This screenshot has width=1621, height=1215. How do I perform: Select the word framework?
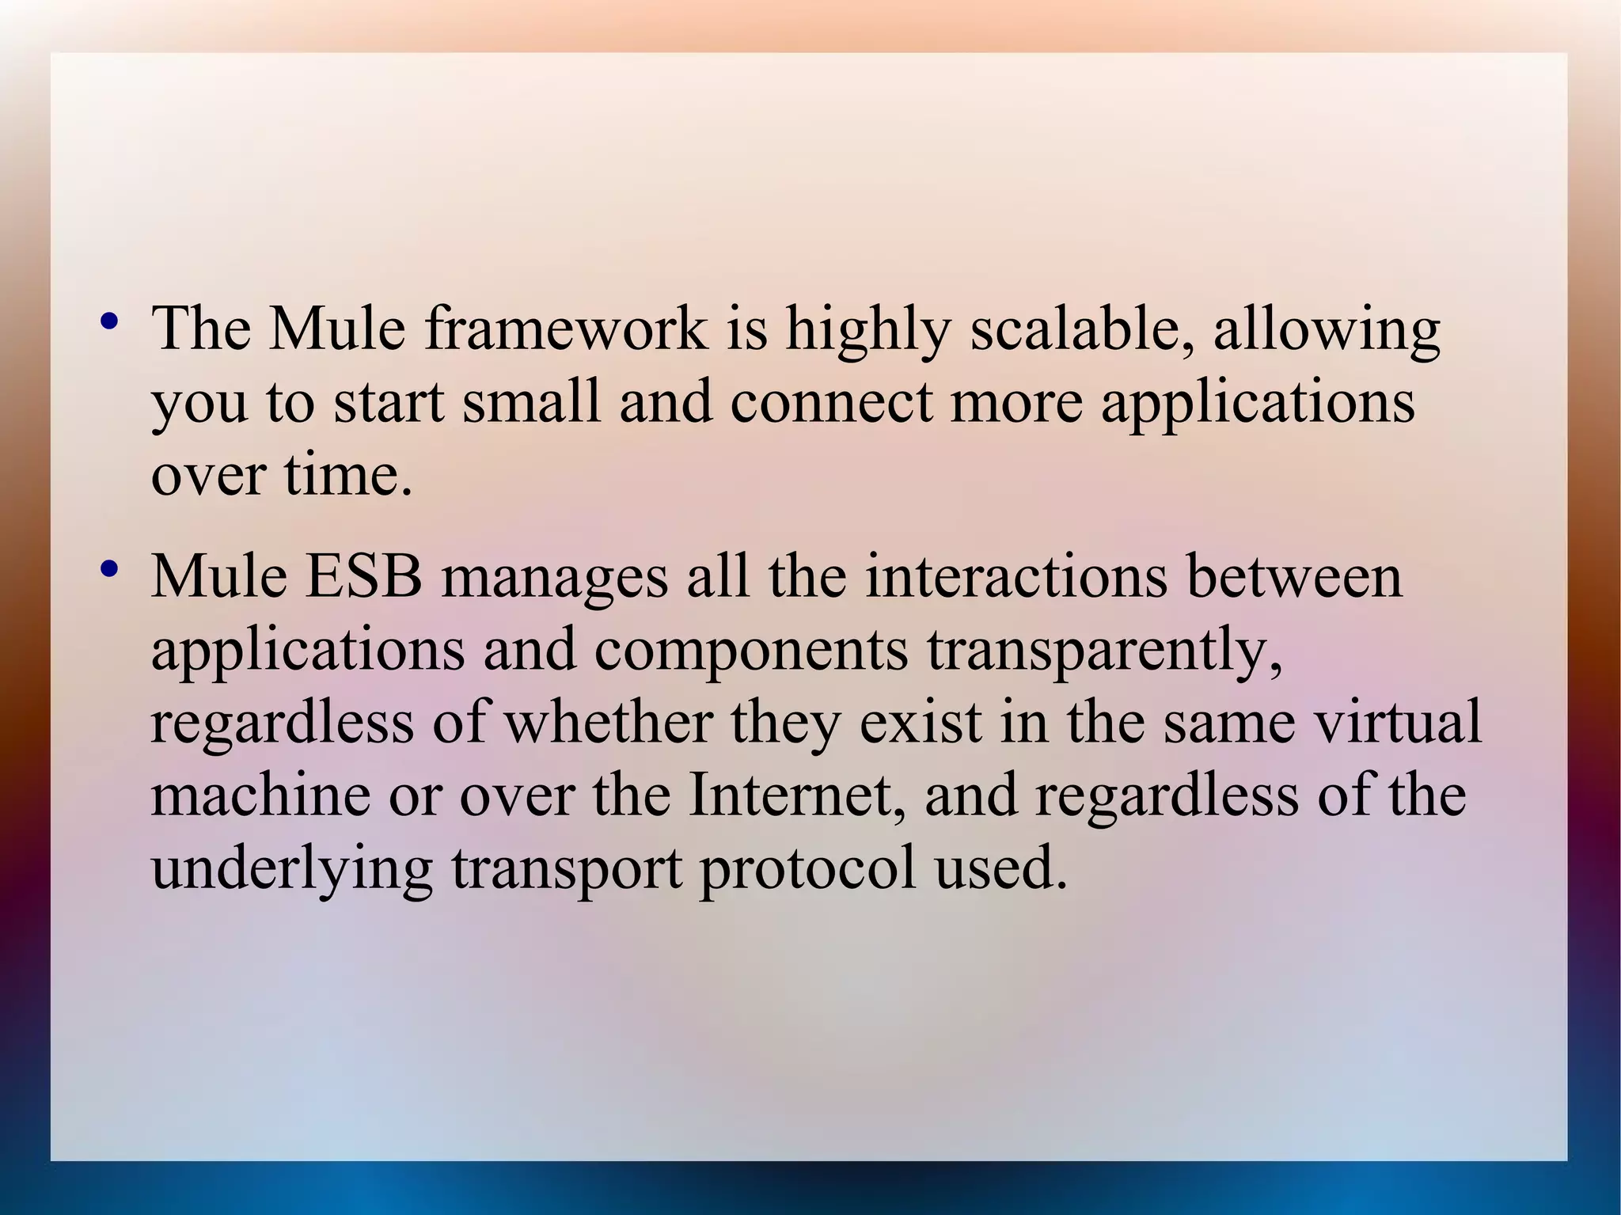click(565, 328)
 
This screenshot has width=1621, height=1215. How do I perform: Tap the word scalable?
click(1081, 328)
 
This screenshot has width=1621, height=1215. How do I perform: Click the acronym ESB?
click(363, 577)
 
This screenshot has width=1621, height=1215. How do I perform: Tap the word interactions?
click(1016, 577)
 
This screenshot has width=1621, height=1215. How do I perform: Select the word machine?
click(260, 795)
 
